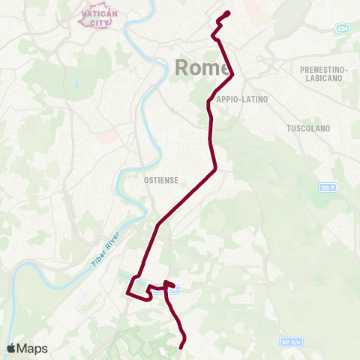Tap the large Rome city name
click(x=202, y=67)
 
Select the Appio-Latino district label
click(x=241, y=99)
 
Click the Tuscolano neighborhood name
click(x=308, y=128)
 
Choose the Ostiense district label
click(x=159, y=180)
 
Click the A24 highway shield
click(x=343, y=28)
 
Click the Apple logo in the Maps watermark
click(x=11, y=348)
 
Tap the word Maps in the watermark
click(x=32, y=349)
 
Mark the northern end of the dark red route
click(x=227, y=13)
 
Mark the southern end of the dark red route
click(x=182, y=346)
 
